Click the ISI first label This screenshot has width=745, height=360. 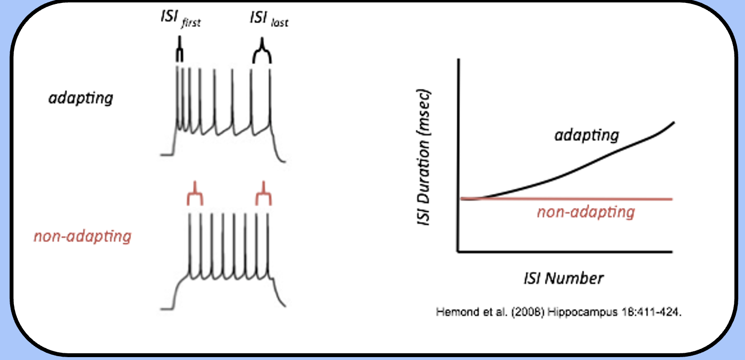[179, 20]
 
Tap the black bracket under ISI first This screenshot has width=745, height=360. [179, 53]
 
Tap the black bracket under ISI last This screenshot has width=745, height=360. [262, 53]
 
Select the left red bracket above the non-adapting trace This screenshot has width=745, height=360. [194, 195]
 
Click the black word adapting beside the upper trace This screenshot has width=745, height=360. [81, 98]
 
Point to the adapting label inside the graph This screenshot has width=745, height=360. [586, 135]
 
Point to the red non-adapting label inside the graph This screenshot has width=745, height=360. [586, 212]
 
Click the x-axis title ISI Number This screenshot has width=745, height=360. [563, 278]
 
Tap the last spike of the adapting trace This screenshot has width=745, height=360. [270, 96]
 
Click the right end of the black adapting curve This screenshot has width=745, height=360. [673, 123]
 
